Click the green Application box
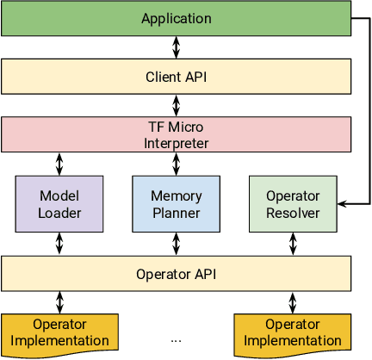tap(177, 17)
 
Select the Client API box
tap(177, 76)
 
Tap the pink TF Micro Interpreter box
tap(177, 133)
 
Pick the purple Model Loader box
tap(59, 204)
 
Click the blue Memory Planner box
tap(177, 204)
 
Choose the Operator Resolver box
tap(292, 204)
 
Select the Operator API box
tap(177, 274)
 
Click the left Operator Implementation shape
tap(59, 332)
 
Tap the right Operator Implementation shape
tap(293, 332)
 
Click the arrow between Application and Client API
tap(177, 47)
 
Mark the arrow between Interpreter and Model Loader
tap(59, 163)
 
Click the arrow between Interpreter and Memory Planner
tap(177, 163)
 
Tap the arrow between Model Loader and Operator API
tap(59, 244)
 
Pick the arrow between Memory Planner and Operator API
tap(177, 244)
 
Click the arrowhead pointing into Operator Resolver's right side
tap(342, 204)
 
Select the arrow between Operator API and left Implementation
tap(59, 301)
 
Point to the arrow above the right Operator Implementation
tap(293, 301)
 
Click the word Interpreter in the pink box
tap(177, 142)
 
